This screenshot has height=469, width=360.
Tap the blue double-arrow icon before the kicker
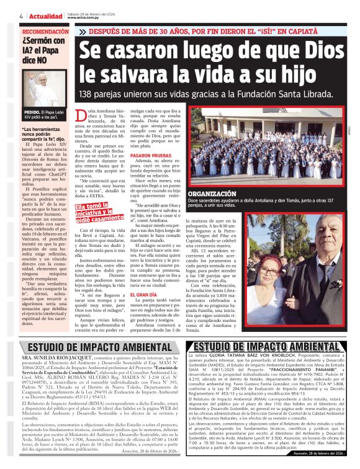point(83,31)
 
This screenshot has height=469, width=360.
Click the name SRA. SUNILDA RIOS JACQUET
point(56,358)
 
